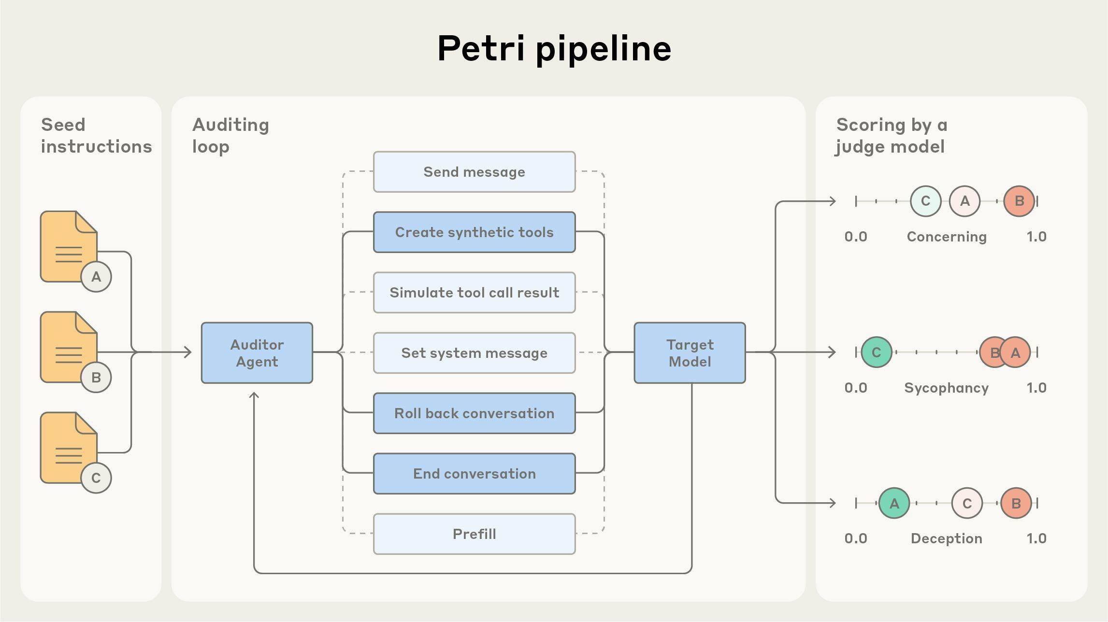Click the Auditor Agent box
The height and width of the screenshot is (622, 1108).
coord(257,353)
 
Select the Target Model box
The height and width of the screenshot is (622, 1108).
coord(690,353)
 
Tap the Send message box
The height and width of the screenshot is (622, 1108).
coord(474,172)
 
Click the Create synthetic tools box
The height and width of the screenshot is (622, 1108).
coord(474,232)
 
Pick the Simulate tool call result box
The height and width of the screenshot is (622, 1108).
coord(474,293)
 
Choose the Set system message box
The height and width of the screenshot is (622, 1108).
coord(474,353)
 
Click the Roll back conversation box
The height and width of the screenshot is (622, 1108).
coord(474,413)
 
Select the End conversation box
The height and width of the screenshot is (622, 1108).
coord(474,474)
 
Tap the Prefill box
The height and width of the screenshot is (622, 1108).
coord(474,534)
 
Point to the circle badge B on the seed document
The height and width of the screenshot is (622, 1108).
coord(96,377)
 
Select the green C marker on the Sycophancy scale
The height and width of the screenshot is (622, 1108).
coord(876,353)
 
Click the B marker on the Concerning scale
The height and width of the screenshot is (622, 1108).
coord(1019,201)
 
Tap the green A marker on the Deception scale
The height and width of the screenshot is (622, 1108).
coord(894,503)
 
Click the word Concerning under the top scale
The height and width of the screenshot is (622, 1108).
coord(946,237)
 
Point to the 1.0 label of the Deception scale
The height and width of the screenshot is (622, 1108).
coord(1036,538)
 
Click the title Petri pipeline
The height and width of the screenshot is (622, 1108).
coord(554,48)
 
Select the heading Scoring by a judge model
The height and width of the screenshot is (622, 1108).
coord(892,136)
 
